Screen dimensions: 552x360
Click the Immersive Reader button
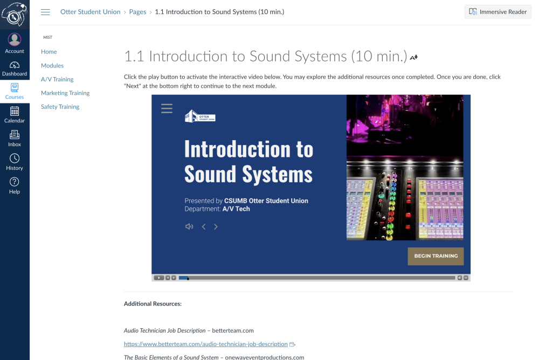coord(498,12)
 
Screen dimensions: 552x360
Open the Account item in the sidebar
coord(15,43)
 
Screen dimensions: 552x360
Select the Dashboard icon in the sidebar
coord(15,65)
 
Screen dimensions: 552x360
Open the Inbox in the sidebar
coord(15,139)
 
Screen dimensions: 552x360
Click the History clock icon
coord(15,158)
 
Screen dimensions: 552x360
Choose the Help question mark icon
coord(15,182)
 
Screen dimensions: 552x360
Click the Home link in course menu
coord(49,52)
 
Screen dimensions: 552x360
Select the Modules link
coord(52,65)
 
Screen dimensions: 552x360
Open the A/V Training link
coord(57,79)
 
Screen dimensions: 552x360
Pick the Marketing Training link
coord(65,93)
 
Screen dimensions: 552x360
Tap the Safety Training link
coord(60,107)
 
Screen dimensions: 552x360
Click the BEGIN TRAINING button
coord(436,256)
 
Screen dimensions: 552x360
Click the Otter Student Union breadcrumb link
coord(91,12)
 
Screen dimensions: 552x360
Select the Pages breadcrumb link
coord(137,12)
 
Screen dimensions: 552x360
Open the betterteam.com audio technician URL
coord(205,344)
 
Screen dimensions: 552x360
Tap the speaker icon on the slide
coord(189,227)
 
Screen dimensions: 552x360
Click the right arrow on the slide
coord(216,227)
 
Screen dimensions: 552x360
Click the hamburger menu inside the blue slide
coord(167,108)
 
